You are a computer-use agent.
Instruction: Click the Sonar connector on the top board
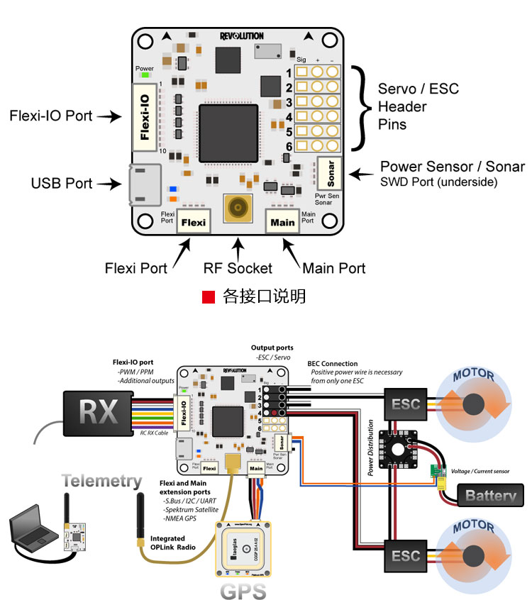pyautogui.click(x=330, y=171)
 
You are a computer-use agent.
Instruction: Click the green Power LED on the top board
pyautogui.click(x=145, y=75)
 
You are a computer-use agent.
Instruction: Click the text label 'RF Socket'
pyautogui.click(x=238, y=268)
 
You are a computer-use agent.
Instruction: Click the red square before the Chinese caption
pyautogui.click(x=208, y=296)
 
